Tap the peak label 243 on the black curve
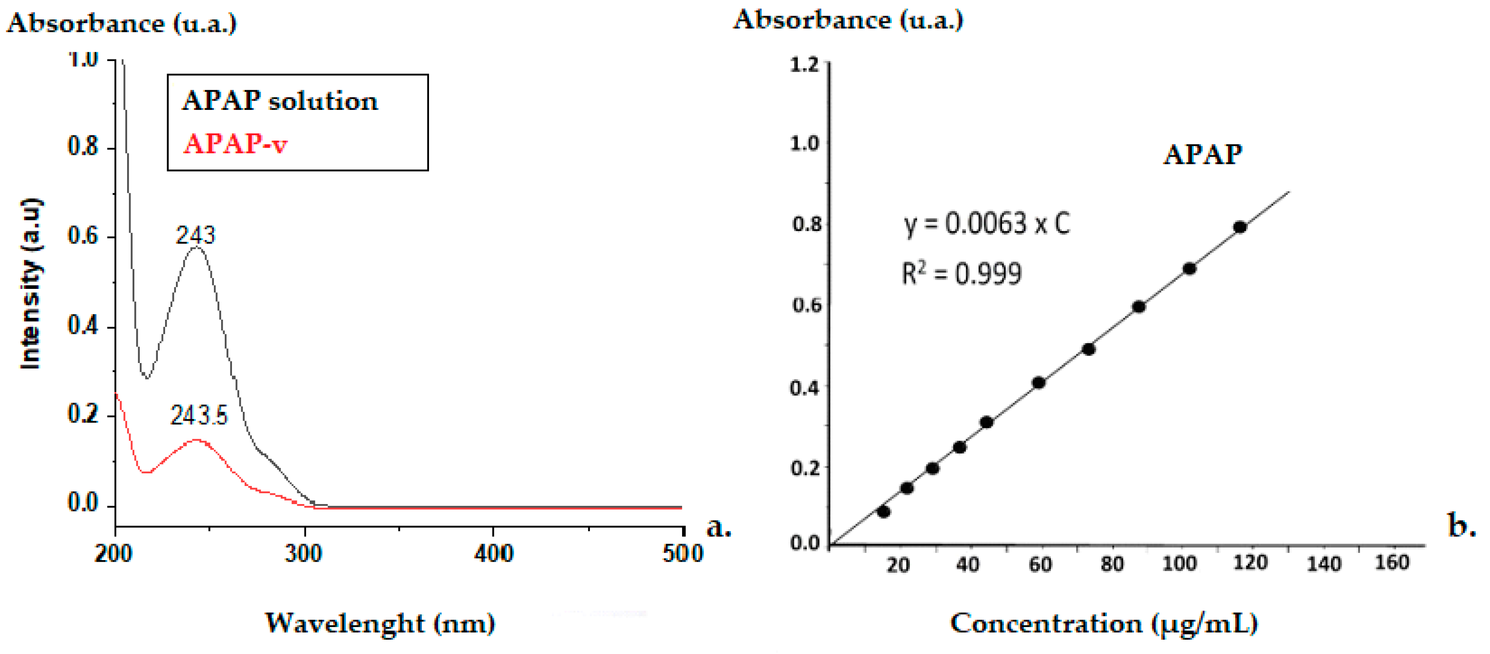point(195,235)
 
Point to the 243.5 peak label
point(199,414)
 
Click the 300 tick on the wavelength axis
point(303,553)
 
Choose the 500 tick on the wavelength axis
point(682,553)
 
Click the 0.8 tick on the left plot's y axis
point(83,147)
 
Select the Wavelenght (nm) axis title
point(380,623)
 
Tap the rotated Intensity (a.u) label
point(31,283)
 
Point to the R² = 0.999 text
point(961,273)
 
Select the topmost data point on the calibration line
point(1239,227)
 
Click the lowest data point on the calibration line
point(883,511)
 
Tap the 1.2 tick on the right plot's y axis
point(805,64)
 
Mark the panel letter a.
point(718,527)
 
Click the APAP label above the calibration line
point(1202,154)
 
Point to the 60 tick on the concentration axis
point(1040,564)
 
